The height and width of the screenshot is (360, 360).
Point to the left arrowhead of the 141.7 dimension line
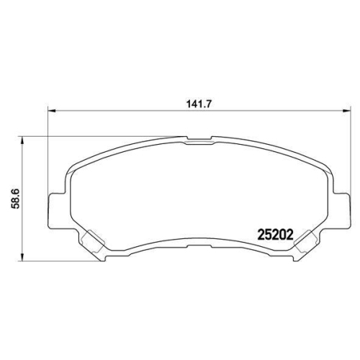click(x=51, y=111)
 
